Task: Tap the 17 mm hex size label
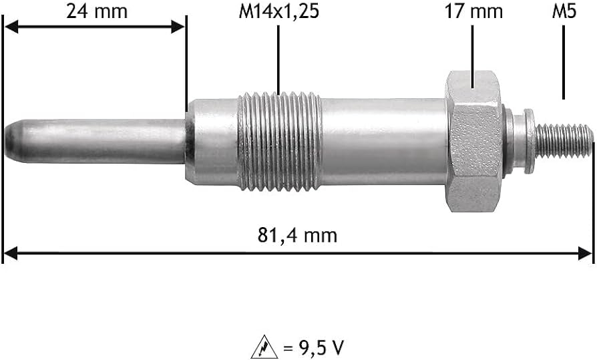pyautogui.click(x=473, y=11)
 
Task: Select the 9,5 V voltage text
pyautogui.click(x=315, y=347)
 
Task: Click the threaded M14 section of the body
pyautogui.click(x=280, y=140)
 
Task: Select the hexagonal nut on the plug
pyautogui.click(x=473, y=141)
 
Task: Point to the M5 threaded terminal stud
pyautogui.click(x=564, y=140)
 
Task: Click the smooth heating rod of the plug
pyautogui.click(x=100, y=142)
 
